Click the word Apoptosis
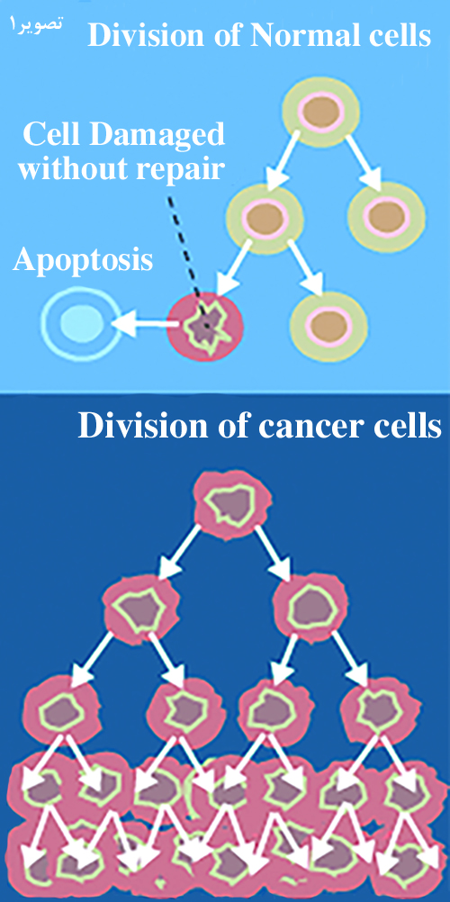pyautogui.click(x=84, y=260)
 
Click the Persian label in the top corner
pyautogui.click(x=37, y=24)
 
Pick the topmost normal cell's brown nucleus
pyautogui.click(x=321, y=113)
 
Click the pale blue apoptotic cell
pyautogui.click(x=81, y=324)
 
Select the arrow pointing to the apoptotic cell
pyautogui.click(x=145, y=325)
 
